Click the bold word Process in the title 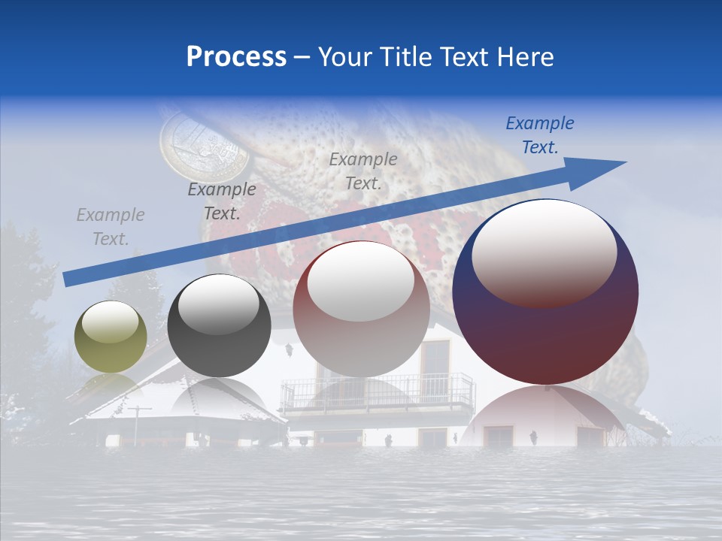[x=236, y=57]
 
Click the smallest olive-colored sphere [x=111, y=337]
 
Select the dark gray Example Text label [x=221, y=201]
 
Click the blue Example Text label [x=539, y=135]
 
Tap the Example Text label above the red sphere [x=363, y=171]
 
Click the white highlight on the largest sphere [x=544, y=252]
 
